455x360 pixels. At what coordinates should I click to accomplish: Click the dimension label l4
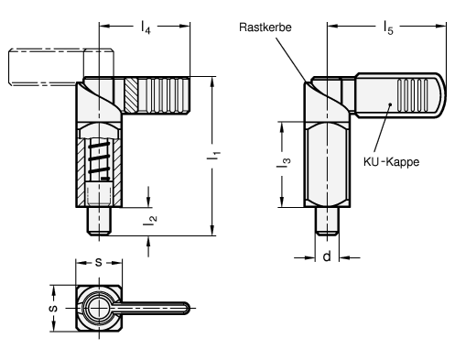pyautogui.click(x=146, y=27)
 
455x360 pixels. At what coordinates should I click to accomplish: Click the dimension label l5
pyautogui.click(x=388, y=27)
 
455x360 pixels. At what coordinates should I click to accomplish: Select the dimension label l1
pyautogui.click(x=213, y=155)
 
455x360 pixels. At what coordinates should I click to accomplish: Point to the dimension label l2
pyautogui.click(x=150, y=220)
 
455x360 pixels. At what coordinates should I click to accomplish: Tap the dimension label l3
pyautogui.click(x=283, y=163)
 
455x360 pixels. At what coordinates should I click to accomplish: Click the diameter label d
pyautogui.click(x=327, y=256)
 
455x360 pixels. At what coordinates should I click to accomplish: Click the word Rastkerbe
pyautogui.click(x=265, y=27)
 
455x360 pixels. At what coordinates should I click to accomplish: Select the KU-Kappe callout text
pyautogui.click(x=391, y=161)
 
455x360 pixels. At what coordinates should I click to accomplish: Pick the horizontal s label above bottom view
pyautogui.click(x=98, y=262)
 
